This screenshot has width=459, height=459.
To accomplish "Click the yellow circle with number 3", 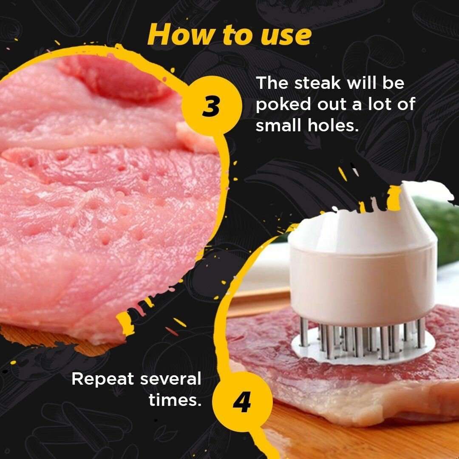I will tap(210, 107).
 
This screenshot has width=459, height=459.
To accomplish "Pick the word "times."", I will tap(175, 400).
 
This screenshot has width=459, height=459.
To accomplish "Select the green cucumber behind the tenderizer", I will tap(442, 229).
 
